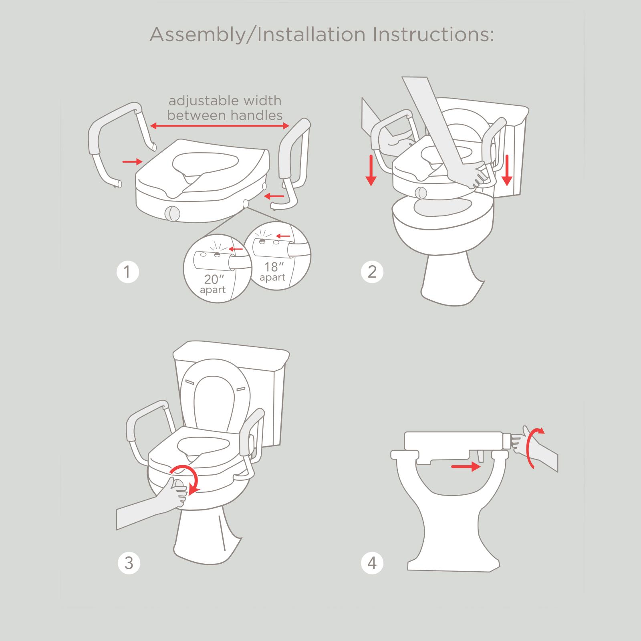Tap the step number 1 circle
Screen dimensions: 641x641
point(127,272)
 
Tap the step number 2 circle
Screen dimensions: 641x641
point(372,272)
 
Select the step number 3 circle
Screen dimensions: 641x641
point(129,563)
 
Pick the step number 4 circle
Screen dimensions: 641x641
point(372,563)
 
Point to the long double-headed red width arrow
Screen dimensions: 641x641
point(219,126)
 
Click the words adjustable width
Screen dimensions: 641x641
point(225,101)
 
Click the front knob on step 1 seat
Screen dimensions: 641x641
point(172,213)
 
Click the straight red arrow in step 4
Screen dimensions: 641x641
point(466,466)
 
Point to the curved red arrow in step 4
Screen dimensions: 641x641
point(533,447)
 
